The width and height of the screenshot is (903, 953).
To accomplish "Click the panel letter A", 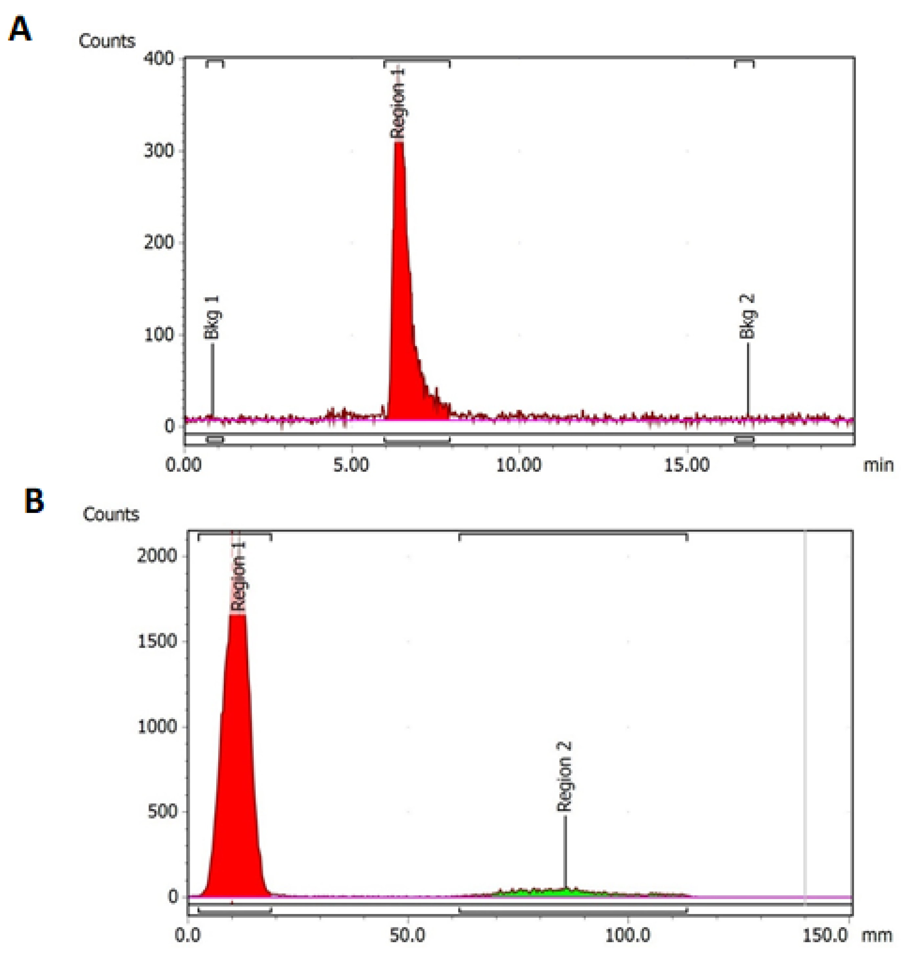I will pyautogui.click(x=20, y=30).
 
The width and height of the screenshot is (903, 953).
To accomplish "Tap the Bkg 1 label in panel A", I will pyautogui.click(x=212, y=318).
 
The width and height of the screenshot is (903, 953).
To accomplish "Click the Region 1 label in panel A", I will pyautogui.click(x=398, y=103).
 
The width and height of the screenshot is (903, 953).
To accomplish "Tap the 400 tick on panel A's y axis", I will pyautogui.click(x=159, y=59).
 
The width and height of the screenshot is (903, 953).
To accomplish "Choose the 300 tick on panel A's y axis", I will pyautogui.click(x=159, y=151).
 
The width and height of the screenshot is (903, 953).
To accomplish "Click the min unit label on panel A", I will pyautogui.click(x=878, y=465).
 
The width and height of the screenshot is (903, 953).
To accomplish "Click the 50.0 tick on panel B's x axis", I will pyautogui.click(x=408, y=935).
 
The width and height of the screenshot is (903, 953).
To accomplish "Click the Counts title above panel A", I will pyautogui.click(x=107, y=41).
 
